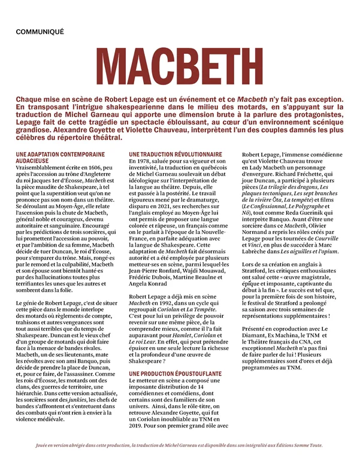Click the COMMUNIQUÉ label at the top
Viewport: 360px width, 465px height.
[x=40, y=31]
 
